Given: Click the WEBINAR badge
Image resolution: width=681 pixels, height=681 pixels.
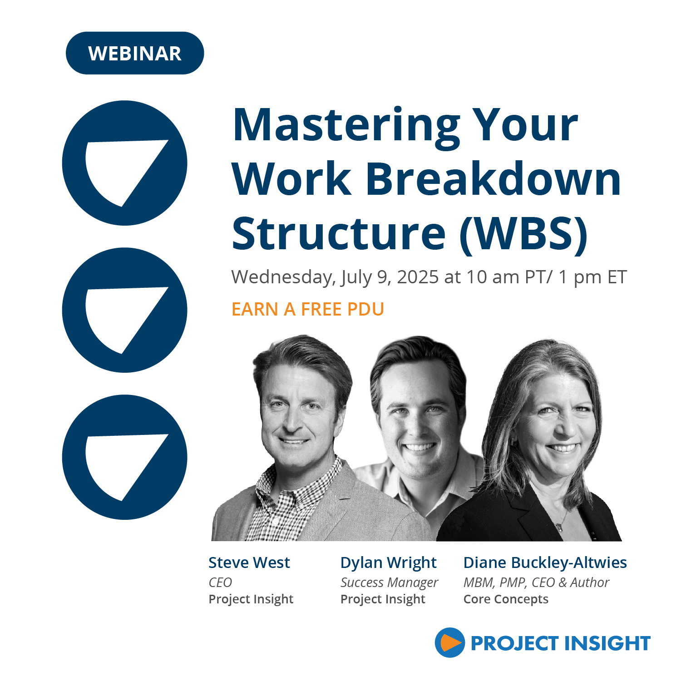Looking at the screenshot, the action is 135,53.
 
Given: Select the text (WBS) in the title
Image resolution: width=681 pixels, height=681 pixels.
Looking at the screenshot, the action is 524,234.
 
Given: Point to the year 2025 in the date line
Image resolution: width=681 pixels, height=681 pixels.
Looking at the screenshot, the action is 418,276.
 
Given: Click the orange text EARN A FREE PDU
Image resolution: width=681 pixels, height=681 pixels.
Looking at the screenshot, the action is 308,309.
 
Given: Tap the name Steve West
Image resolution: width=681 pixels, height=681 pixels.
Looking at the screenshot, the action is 249,563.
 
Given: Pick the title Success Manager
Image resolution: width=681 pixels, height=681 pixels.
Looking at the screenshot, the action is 390,583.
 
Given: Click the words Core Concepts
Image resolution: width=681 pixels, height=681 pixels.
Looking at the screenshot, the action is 506,600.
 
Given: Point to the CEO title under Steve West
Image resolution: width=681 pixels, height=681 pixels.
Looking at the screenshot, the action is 220,582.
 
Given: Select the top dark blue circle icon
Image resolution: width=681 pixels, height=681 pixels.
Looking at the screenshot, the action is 125,163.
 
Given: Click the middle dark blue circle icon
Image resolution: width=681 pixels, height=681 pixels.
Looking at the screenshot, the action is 125,310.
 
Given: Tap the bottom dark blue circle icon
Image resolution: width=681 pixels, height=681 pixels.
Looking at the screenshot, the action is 125,457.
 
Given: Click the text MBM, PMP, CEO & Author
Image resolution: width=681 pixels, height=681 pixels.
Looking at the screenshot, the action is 536,582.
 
